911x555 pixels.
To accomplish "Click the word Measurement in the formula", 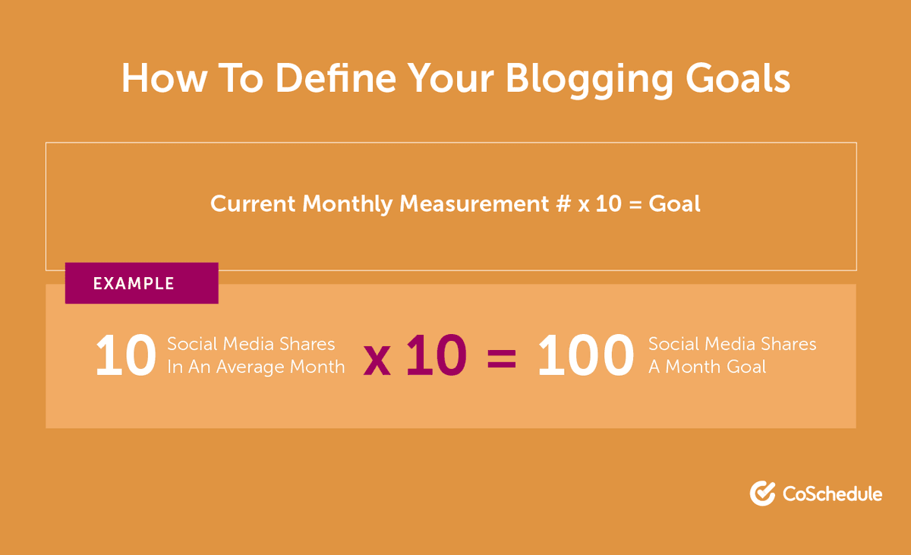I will (x=474, y=204).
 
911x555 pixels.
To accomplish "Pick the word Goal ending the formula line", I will (x=674, y=204).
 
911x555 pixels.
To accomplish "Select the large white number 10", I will (x=125, y=357).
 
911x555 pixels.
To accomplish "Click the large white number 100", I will (x=585, y=357).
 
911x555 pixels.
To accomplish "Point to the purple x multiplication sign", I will (x=377, y=361).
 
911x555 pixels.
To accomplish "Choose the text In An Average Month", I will (x=256, y=367).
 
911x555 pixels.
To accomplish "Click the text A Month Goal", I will (x=707, y=367).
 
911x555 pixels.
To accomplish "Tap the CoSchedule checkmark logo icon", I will (x=762, y=494).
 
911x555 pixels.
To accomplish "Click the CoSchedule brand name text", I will (x=832, y=494).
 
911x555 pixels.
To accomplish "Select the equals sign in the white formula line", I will (x=634, y=205).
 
